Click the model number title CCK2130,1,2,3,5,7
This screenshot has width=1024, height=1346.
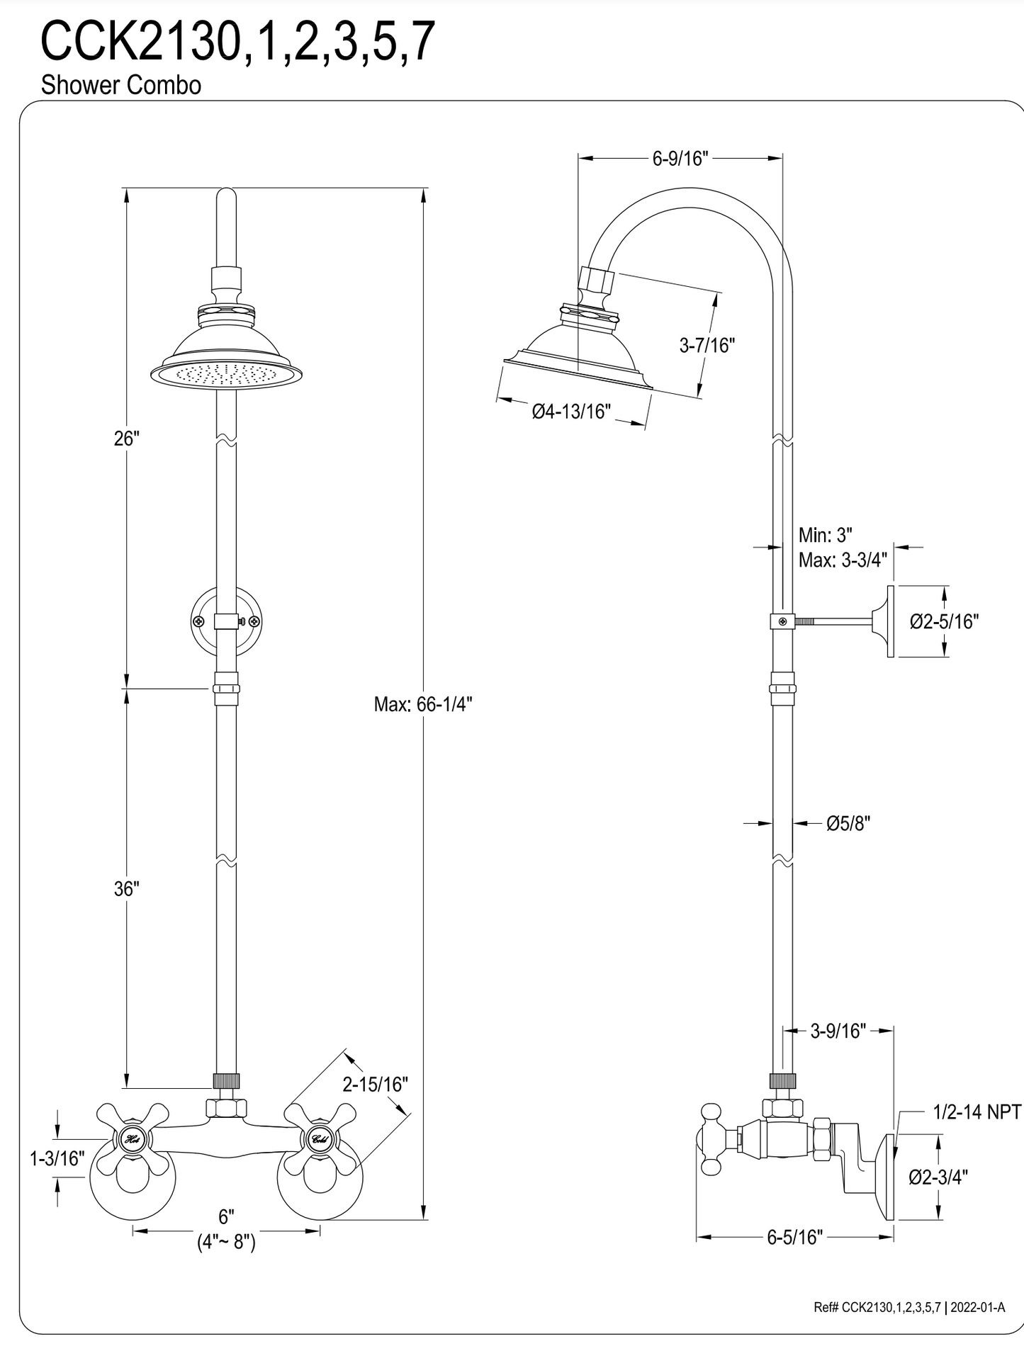pos(237,42)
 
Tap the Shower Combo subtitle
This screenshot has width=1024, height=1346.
pos(121,85)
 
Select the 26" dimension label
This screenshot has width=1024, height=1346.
pos(127,439)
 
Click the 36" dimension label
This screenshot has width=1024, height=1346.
pos(127,889)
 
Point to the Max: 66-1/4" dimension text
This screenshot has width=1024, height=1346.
pos(423,704)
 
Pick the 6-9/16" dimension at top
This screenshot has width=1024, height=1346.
pos(680,158)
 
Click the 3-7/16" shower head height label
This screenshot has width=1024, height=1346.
pos(707,346)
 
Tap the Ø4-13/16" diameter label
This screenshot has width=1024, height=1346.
pos(571,411)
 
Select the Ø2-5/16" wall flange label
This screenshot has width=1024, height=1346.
pos(944,621)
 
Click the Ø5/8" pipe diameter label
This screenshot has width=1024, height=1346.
pos(848,823)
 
